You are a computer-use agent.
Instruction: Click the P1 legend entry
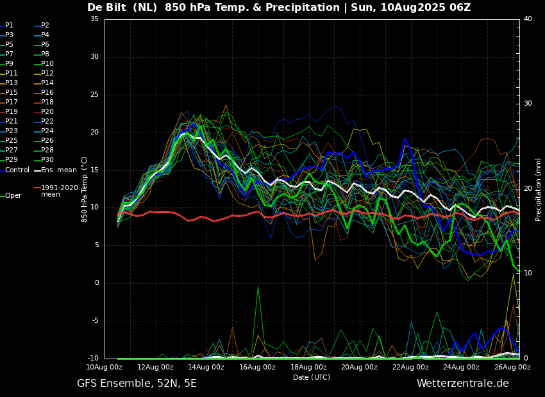pyautogui.click(x=7, y=26)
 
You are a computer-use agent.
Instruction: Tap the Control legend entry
pyautogui.click(x=15, y=170)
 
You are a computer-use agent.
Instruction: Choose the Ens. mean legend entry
pyautogui.click(x=55, y=170)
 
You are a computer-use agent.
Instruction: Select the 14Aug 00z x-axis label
pyautogui.click(x=206, y=367)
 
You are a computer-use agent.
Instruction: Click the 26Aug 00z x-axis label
pyautogui.click(x=513, y=367)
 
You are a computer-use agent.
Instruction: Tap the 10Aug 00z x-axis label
pyautogui.click(x=104, y=367)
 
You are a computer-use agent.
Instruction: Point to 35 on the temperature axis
pyautogui.click(x=94, y=19)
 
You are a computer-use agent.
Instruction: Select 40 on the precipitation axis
pyautogui.click(x=528, y=19)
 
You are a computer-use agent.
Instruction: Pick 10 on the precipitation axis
pyautogui.click(x=528, y=273)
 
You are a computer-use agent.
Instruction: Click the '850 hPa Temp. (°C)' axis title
pyautogui.click(x=85, y=190)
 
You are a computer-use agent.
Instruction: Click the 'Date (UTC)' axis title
pyautogui.click(x=312, y=377)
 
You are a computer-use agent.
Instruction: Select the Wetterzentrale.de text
pyautogui.click(x=463, y=384)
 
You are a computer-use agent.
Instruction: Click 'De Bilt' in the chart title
pyautogui.click(x=106, y=7)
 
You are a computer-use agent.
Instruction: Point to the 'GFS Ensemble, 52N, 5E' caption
pyautogui.click(x=137, y=384)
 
